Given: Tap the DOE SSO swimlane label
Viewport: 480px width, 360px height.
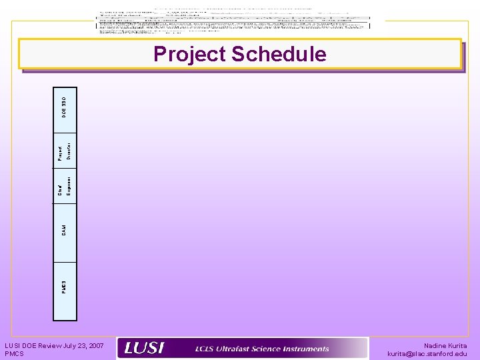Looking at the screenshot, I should click(65, 103).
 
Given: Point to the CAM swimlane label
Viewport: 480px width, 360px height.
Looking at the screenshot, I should click(65, 230).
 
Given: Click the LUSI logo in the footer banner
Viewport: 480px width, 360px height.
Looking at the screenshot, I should click(145, 348).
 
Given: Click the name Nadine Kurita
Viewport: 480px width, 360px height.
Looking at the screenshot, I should click(445, 345).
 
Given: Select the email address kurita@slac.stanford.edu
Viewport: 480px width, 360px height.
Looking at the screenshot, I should click(427, 354).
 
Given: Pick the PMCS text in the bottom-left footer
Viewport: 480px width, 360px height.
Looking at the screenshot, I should click(14, 353).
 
